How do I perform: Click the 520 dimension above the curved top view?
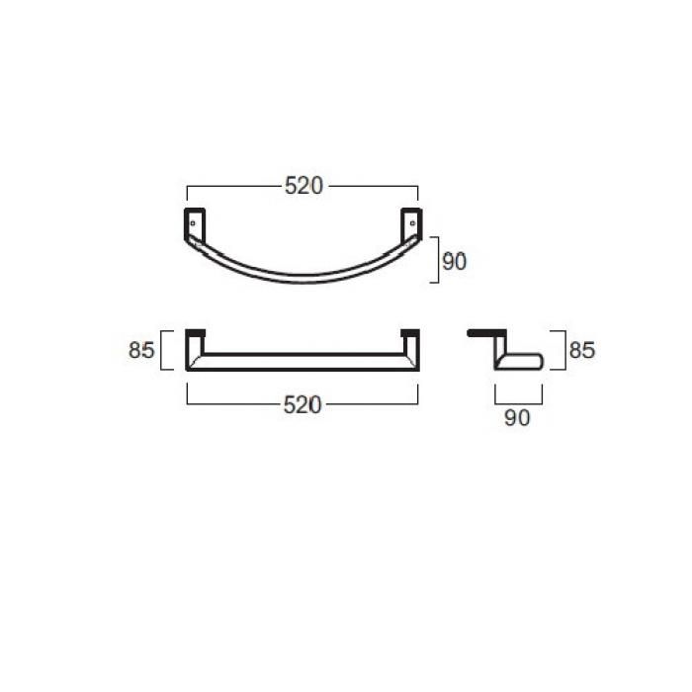(x=303, y=186)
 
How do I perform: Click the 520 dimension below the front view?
(x=303, y=404)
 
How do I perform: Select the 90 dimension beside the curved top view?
(x=454, y=262)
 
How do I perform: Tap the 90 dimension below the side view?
(x=517, y=417)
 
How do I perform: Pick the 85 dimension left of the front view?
(x=141, y=350)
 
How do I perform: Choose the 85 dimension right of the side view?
(x=582, y=350)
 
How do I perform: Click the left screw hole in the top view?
(x=193, y=223)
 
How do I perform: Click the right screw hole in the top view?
(x=412, y=223)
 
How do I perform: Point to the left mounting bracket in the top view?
(x=195, y=225)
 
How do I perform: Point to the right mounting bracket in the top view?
(x=411, y=225)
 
